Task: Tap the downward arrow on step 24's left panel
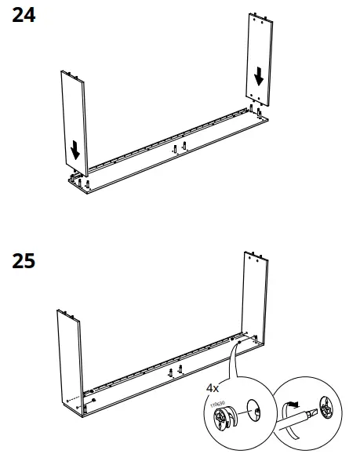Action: point(75,147)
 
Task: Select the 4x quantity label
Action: point(213,387)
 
